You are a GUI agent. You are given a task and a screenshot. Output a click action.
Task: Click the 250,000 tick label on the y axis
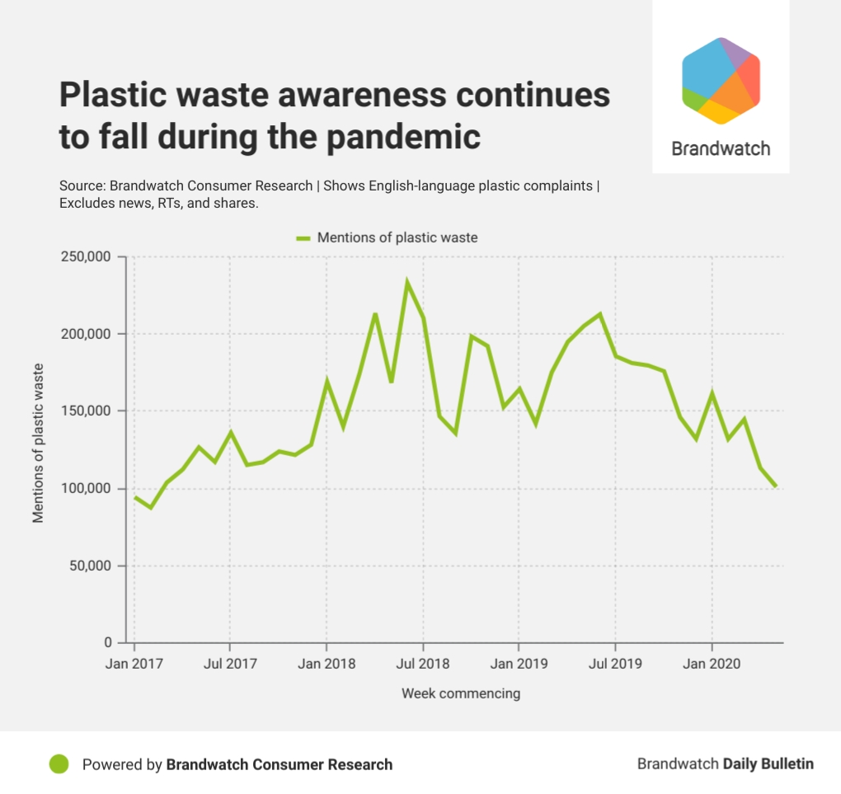pyautogui.click(x=86, y=256)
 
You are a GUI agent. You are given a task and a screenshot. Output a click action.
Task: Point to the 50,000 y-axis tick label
pyautogui.click(x=90, y=566)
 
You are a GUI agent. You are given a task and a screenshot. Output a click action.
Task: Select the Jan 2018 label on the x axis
pyautogui.click(x=327, y=663)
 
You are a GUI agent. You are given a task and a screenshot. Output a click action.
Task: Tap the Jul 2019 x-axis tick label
pyautogui.click(x=615, y=663)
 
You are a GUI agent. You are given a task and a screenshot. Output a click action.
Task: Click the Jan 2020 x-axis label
pyautogui.click(x=712, y=663)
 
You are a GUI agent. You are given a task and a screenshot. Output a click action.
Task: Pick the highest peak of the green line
pyautogui.click(x=406, y=281)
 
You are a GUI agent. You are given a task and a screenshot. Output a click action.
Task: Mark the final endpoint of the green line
pyautogui.click(x=776, y=486)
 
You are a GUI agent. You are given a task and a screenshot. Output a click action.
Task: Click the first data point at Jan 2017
pyautogui.click(x=134, y=496)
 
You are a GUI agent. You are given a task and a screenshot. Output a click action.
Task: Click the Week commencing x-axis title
pyautogui.click(x=461, y=693)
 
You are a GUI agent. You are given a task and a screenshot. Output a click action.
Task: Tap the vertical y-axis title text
pyautogui.click(x=38, y=444)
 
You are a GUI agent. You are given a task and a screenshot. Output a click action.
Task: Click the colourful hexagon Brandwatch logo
pyautogui.click(x=721, y=81)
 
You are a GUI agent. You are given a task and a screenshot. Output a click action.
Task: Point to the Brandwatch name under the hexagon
pyautogui.click(x=721, y=149)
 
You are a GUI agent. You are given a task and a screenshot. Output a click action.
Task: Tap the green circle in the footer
pyautogui.click(x=59, y=764)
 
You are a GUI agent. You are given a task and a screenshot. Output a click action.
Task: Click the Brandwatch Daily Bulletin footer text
pyautogui.click(x=725, y=763)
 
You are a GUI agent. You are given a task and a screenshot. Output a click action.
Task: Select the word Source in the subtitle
pyautogui.click(x=81, y=186)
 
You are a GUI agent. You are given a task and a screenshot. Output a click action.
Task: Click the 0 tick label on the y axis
pyautogui.click(x=108, y=643)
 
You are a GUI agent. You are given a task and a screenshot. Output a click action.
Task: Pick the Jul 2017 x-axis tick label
pyautogui.click(x=229, y=663)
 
